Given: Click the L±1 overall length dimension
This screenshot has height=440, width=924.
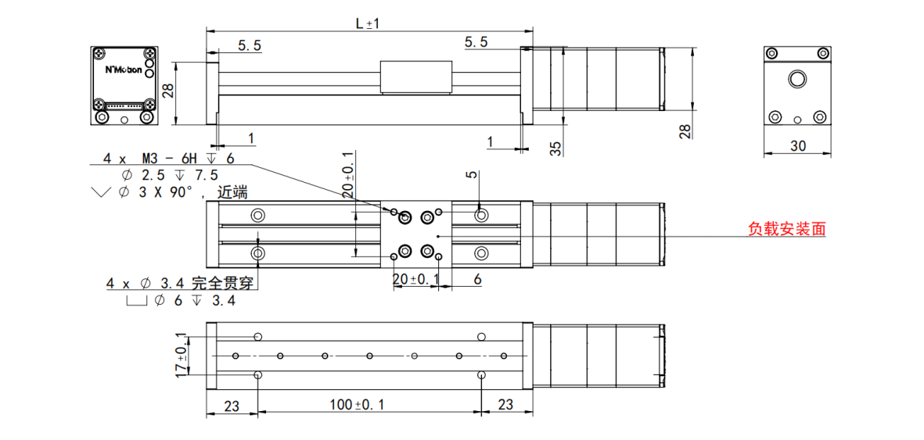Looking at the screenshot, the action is coord(369,23).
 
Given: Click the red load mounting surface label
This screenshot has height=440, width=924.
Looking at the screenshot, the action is coord(786,228).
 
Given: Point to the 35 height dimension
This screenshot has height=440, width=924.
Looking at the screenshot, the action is coord(555,148).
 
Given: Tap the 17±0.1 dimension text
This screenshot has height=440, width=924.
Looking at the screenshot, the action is coord(182,355).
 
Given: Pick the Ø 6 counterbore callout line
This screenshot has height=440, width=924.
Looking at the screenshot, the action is coord(182,301).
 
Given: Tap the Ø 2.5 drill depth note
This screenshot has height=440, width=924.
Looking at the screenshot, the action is coord(170,175).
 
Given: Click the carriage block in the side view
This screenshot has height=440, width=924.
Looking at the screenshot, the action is coord(417,77).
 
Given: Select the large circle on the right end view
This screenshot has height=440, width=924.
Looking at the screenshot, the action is coord(798,78).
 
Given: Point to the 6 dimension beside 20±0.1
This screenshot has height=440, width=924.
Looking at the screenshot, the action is coord(476,280).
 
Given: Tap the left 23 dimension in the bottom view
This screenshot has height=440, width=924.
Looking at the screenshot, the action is coord(231,406).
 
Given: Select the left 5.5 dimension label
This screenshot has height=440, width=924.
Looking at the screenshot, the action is coord(250,45).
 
